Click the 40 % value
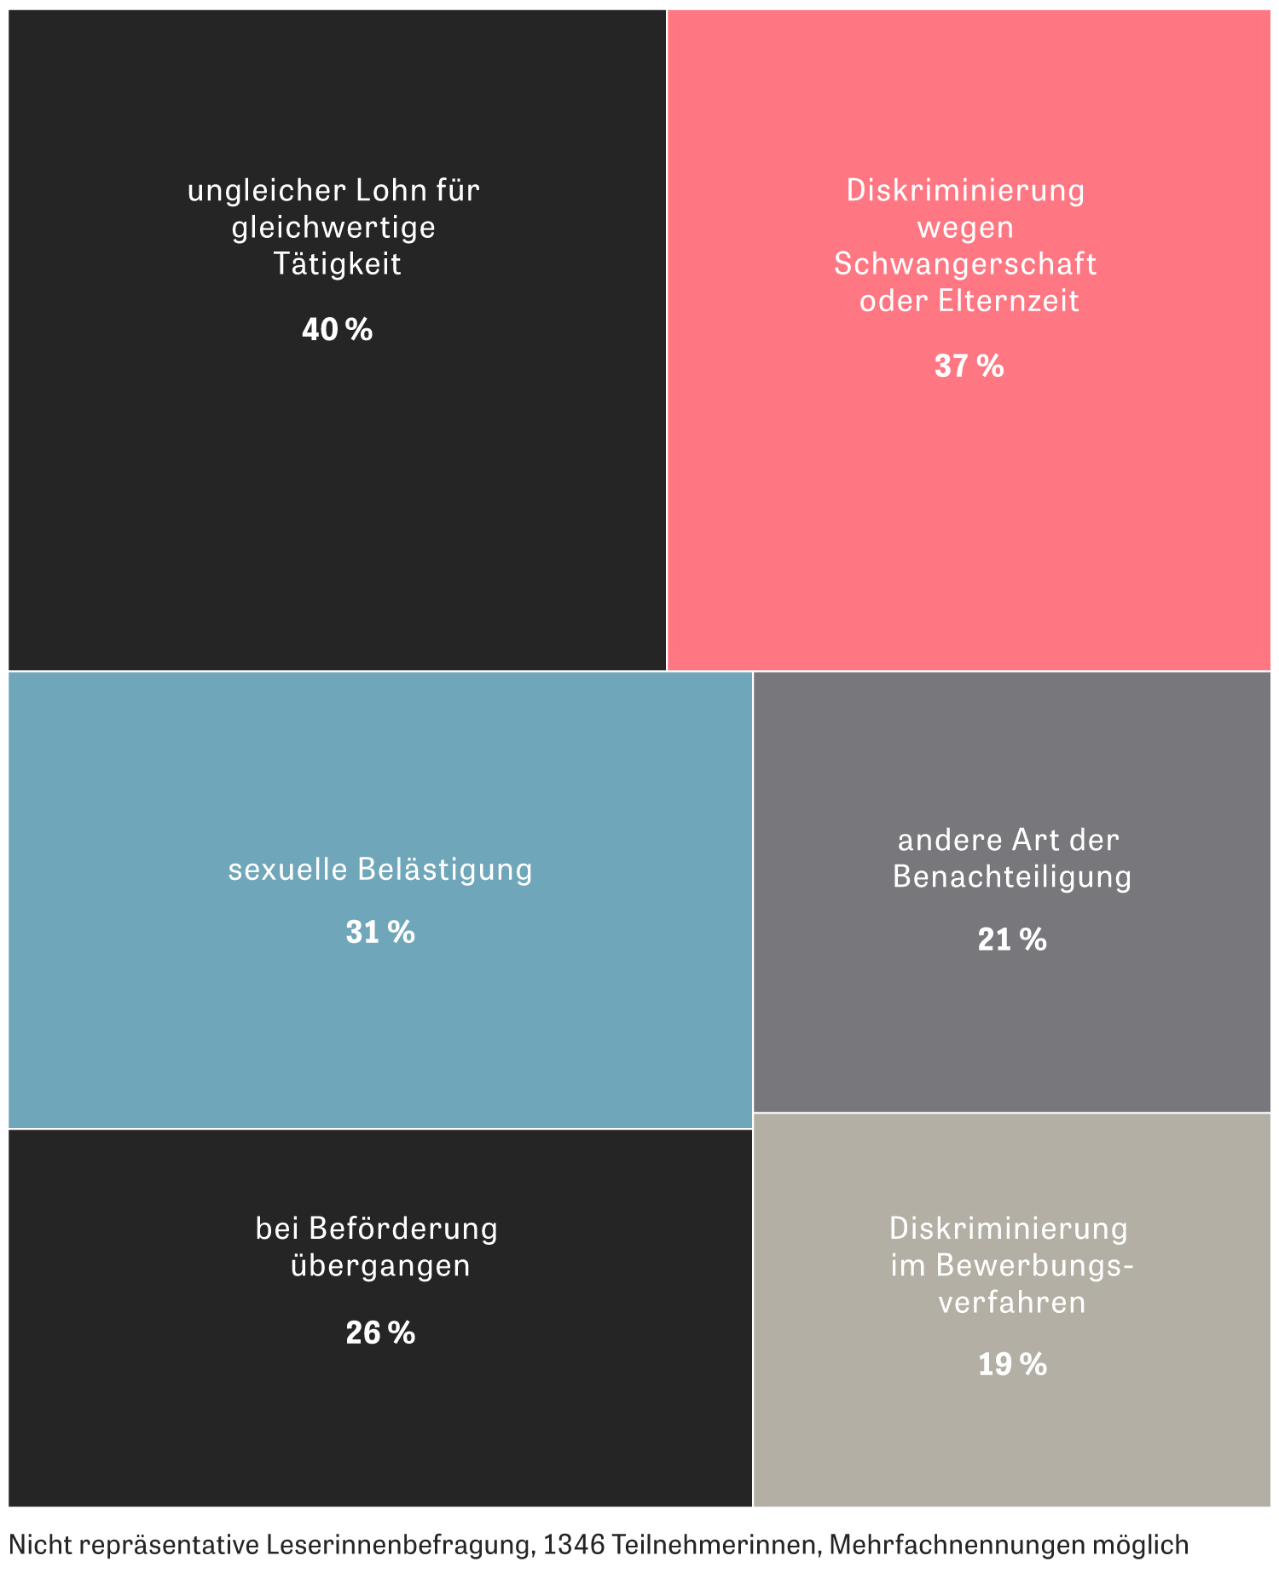tap(337, 330)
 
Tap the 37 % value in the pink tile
tap(969, 367)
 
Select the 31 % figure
tap(380, 933)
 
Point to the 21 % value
tap(1012, 940)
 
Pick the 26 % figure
tap(380, 1333)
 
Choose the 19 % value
tap(1012, 1365)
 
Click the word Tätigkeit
tap(337, 264)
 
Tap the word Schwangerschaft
tap(965, 264)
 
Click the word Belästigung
tap(444, 870)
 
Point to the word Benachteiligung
tap(1012, 877)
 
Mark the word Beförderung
tap(403, 1229)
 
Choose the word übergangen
tap(380, 1265)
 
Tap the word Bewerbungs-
tap(1035, 1265)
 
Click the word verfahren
tap(1012, 1303)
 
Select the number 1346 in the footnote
tap(575, 1544)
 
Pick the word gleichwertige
tap(333, 228)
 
